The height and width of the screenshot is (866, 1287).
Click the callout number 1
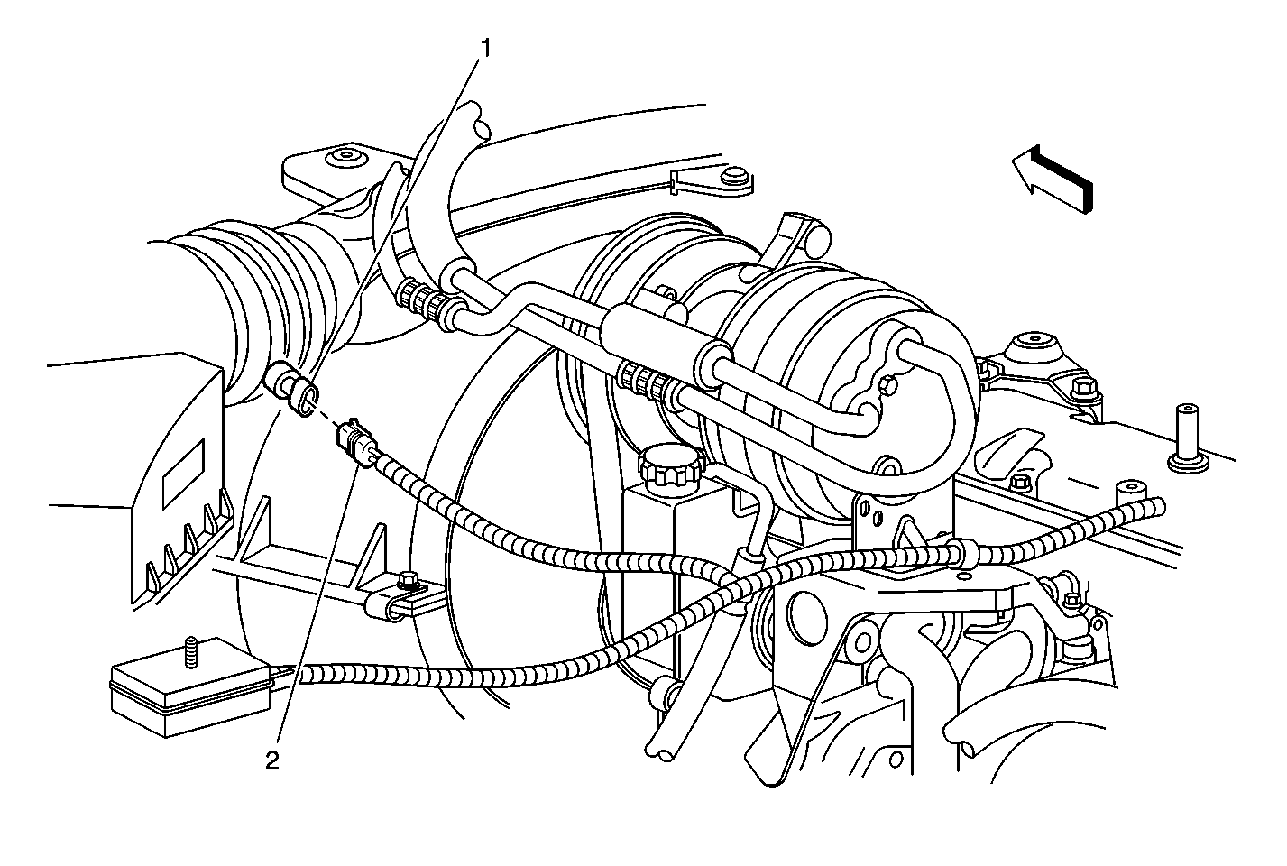(x=486, y=50)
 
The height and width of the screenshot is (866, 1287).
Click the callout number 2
(x=271, y=760)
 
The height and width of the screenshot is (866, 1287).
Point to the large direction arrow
(x=1051, y=179)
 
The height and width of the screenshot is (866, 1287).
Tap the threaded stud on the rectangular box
(x=191, y=653)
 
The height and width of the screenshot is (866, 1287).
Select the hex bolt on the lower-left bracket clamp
(x=408, y=581)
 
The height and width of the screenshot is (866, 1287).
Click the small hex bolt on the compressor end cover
(x=887, y=386)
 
